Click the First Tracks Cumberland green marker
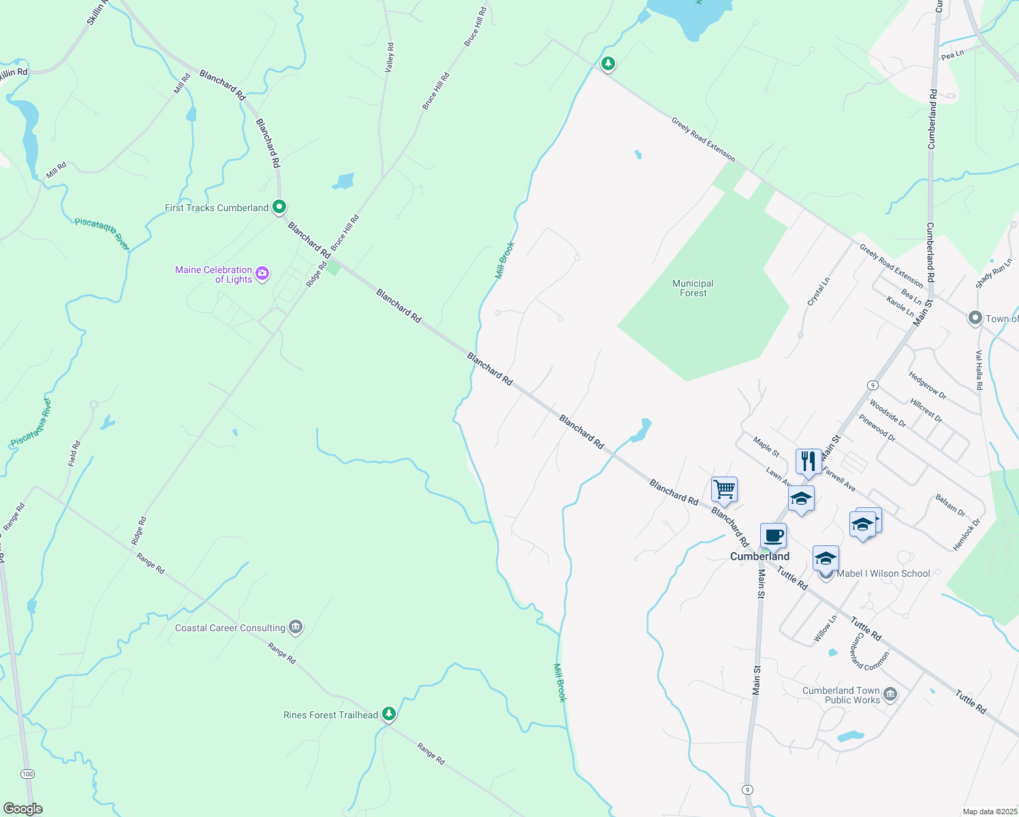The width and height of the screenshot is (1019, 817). coord(279,206)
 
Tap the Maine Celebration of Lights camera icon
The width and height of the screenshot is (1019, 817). coord(262,274)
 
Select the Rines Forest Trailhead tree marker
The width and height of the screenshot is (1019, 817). coord(388,714)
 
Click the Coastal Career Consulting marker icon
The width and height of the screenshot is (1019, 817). coord(295,627)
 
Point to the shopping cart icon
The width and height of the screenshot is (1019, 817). coord(724,488)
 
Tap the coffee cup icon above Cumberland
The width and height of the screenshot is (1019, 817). coord(773,535)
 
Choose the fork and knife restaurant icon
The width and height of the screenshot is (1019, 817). coord(808,461)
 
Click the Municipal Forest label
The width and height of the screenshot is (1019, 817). coord(693,288)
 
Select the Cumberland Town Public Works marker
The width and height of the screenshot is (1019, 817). coord(890,694)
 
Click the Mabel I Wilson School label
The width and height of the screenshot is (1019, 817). coord(883,573)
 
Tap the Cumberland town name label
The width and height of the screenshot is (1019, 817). coord(759,556)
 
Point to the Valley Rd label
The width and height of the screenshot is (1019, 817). coord(390,58)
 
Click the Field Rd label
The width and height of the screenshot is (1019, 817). coord(74,453)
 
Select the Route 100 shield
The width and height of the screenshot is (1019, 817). coord(27,773)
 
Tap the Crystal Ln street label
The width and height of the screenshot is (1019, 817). coord(818,291)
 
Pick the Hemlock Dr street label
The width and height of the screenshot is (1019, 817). coord(966,534)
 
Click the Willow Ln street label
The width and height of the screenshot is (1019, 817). coord(826,628)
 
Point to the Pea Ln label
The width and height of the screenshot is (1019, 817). coord(952,54)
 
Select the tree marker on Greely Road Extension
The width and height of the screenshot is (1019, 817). coord(608,63)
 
